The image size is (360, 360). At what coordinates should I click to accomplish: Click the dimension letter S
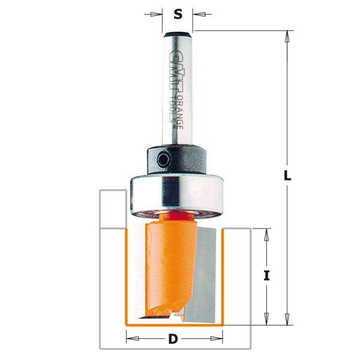point(178,14)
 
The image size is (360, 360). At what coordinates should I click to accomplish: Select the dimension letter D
point(173,340)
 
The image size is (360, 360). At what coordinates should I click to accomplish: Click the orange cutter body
point(165,264)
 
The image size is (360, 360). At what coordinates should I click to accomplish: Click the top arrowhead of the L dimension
point(288,35)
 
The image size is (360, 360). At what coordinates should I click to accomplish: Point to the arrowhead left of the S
point(158,14)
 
